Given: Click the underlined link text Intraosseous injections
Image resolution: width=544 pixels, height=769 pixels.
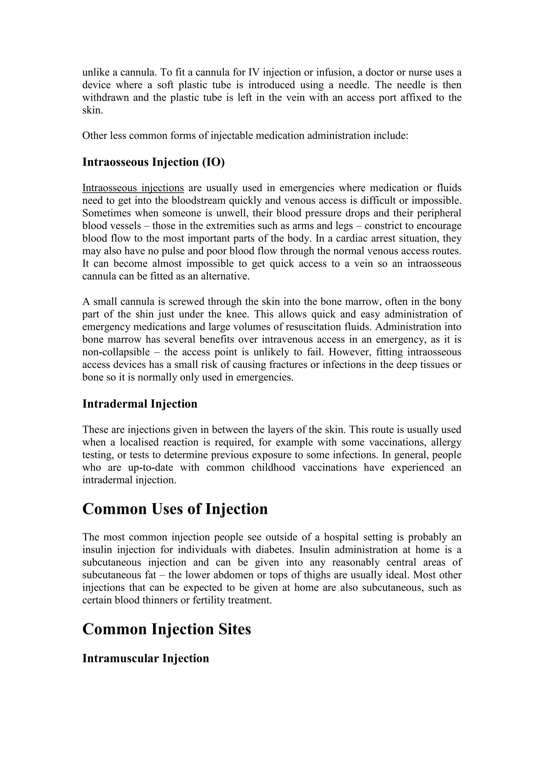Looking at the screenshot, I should [x=133, y=188].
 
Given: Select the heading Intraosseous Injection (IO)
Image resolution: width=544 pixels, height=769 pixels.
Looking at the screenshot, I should [x=154, y=162].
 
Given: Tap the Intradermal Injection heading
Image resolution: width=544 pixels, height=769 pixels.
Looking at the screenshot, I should [x=140, y=404].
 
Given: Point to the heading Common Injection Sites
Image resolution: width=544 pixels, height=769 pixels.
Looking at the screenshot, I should [x=167, y=629].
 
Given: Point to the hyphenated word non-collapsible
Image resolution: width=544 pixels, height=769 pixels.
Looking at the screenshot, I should [x=116, y=352].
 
